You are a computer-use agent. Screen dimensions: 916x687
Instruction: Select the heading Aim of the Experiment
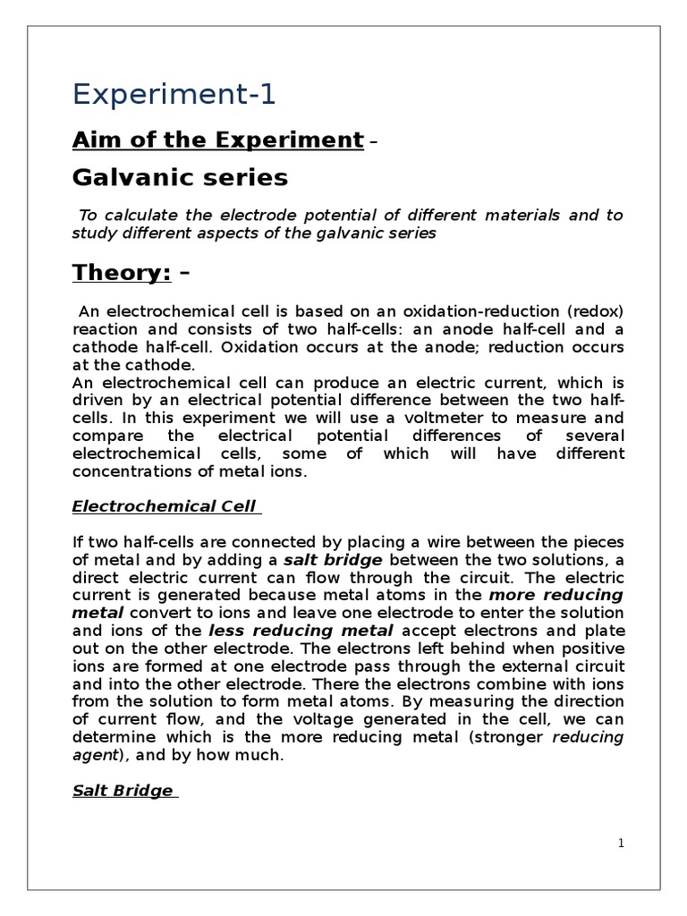[217, 140]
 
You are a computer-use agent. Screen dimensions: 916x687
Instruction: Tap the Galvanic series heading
[180, 178]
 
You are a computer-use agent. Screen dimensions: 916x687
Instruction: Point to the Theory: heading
[121, 272]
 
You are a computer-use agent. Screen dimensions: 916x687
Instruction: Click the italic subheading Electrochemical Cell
[165, 506]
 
